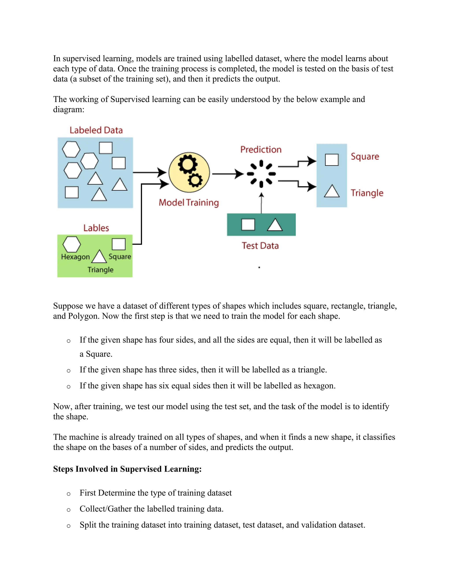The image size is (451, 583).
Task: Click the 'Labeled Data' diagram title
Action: click(x=96, y=130)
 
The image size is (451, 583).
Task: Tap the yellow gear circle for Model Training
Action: click(x=189, y=172)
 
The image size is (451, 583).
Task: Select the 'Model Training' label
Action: click(x=189, y=203)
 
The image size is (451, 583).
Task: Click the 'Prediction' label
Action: click(x=261, y=149)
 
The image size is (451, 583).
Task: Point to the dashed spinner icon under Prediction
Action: click(x=261, y=174)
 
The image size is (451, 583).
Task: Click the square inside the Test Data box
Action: click(x=248, y=224)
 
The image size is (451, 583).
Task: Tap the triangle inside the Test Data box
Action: click(x=275, y=225)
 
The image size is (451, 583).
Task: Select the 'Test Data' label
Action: click(x=260, y=246)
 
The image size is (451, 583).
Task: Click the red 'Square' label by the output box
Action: click(x=365, y=156)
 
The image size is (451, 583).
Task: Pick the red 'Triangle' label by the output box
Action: click(x=367, y=193)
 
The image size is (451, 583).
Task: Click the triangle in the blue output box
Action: click(x=332, y=191)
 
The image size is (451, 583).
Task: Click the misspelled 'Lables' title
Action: click(x=96, y=228)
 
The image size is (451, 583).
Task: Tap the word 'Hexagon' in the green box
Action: click(x=75, y=257)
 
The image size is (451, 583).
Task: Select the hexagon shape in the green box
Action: click(x=72, y=244)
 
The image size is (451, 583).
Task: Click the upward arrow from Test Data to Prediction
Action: click(x=261, y=203)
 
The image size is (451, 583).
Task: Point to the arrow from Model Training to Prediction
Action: click(x=227, y=174)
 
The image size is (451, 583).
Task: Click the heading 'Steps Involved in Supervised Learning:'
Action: click(x=127, y=469)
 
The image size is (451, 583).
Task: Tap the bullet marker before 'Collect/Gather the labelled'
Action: click(x=69, y=510)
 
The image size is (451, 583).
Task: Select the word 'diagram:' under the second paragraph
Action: click(x=69, y=109)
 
